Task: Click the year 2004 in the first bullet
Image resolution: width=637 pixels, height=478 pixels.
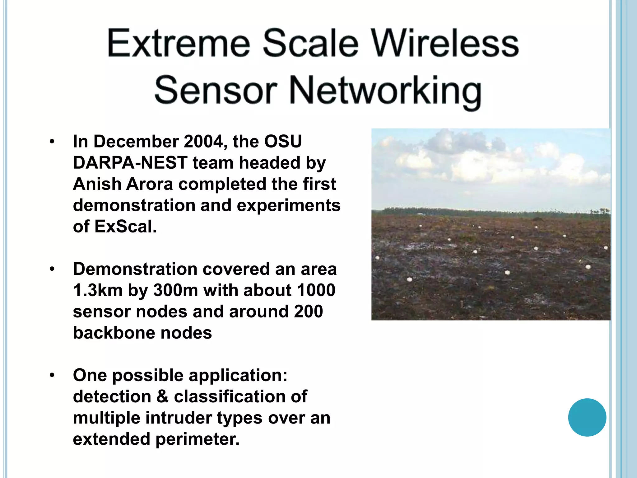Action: point(204,142)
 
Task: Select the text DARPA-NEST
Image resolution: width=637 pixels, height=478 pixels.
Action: point(130,163)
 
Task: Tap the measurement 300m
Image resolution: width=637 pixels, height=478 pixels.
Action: point(176,290)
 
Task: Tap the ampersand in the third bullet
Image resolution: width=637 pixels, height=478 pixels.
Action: point(162,397)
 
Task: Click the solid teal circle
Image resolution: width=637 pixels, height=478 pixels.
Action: point(587,417)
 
